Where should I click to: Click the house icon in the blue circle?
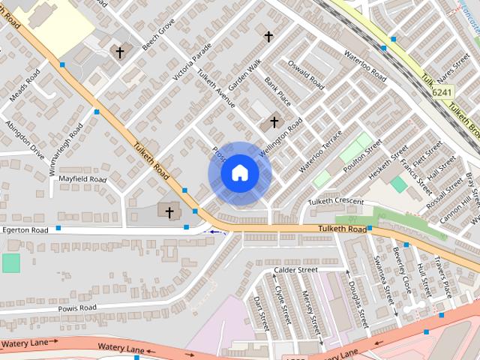tap(239, 173)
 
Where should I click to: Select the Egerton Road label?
tap(25, 229)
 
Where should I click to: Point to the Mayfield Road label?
tap(82, 179)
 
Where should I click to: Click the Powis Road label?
tap(77, 307)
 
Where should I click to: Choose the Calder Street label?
tap(296, 269)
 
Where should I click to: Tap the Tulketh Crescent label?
tap(335, 202)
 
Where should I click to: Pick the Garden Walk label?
tap(244, 76)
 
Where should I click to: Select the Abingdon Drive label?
tap(25, 139)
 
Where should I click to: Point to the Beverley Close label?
tap(402, 269)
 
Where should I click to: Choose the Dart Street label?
tap(260, 313)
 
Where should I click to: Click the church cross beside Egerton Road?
tap(169, 212)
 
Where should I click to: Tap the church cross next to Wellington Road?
tap(274, 121)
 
